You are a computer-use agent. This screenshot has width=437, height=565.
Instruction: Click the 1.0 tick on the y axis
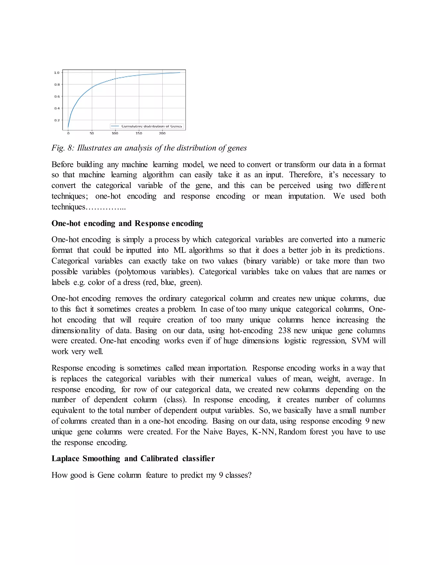57,73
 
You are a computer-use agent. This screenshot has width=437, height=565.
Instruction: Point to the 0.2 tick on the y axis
57,120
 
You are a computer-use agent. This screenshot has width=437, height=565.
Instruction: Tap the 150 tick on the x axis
139,133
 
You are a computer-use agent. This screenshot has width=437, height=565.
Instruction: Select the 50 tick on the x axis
92,133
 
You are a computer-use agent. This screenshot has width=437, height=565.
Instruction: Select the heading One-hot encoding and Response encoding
127,223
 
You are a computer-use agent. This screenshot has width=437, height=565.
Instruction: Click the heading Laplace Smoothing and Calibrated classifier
133,458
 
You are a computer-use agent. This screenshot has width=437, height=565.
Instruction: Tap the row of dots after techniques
106,207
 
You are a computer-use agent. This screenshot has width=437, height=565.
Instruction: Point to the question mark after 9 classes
250,475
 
